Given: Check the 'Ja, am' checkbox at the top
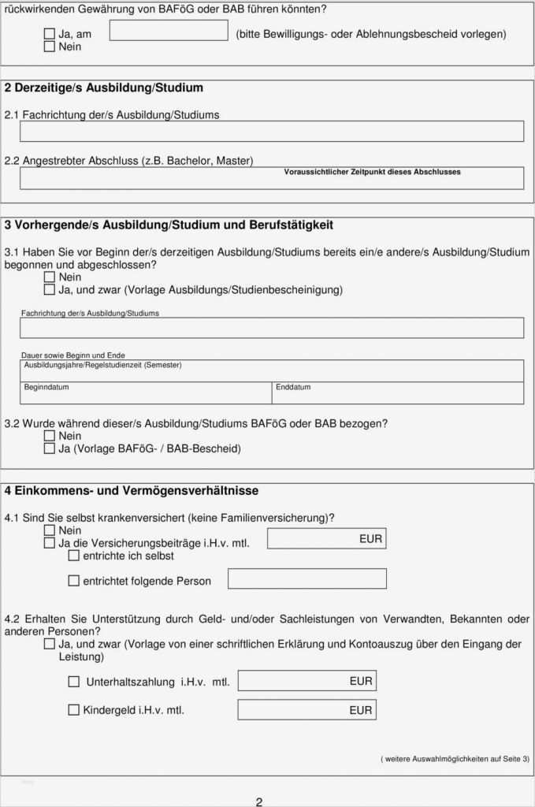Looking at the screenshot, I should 50,35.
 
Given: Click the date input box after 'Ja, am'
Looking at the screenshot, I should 169,31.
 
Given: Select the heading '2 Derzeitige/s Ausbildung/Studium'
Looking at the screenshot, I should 104,87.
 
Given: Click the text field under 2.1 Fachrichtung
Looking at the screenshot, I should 271,132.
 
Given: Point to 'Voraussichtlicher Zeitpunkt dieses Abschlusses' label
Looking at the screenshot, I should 372,172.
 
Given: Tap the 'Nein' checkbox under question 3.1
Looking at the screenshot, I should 50,277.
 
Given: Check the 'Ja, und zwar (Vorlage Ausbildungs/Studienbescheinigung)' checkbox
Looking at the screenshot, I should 50,290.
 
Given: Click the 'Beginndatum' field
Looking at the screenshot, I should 147,393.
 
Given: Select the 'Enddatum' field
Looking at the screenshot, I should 398,393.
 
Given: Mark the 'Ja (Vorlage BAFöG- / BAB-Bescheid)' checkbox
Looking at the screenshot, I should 50,448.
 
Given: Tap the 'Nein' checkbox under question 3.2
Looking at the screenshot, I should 50,436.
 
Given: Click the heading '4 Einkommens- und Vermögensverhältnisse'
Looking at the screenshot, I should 132,491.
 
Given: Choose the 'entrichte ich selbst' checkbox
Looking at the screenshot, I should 74,556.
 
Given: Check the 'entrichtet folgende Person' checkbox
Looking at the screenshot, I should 74,581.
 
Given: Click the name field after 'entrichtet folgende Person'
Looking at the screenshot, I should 307,579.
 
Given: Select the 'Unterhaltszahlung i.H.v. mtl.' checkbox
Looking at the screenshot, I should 74,682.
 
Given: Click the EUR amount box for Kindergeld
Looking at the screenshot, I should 307,709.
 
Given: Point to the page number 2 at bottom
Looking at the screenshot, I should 258,801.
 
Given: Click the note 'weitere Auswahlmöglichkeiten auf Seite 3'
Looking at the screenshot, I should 455,758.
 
